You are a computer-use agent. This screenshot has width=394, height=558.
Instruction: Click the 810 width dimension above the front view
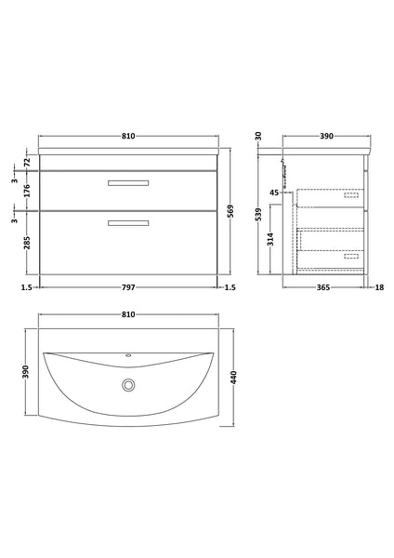pyautogui.click(x=128, y=136)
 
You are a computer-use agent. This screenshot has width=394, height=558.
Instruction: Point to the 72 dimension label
pyautogui.click(x=27, y=162)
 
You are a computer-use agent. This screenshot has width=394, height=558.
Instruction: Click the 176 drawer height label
pyautogui.click(x=27, y=193)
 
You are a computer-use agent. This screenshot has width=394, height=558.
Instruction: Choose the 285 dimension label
pyautogui.click(x=27, y=245)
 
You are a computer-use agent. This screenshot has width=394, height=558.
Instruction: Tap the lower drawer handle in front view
pyautogui.click(x=128, y=221)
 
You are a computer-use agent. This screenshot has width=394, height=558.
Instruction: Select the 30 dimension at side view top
pyautogui.click(x=258, y=136)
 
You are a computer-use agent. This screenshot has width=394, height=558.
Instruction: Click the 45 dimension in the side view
pyautogui.click(x=274, y=193)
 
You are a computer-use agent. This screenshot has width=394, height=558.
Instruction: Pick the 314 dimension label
pyautogui.click(x=270, y=240)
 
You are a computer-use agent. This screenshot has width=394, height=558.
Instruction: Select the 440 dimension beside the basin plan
pyautogui.click(x=233, y=376)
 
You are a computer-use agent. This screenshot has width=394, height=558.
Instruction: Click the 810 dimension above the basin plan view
pyautogui.click(x=128, y=314)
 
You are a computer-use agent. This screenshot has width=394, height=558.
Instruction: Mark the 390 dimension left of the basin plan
pyautogui.click(x=27, y=372)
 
